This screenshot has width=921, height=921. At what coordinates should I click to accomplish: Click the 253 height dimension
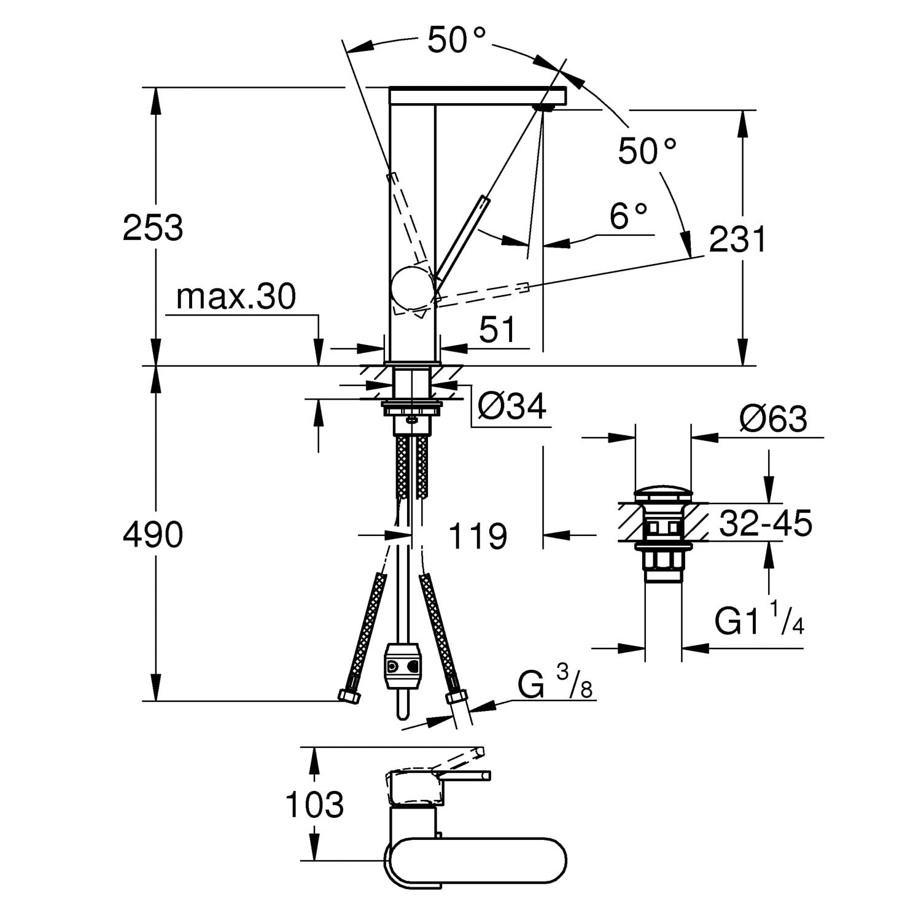[x=153, y=228]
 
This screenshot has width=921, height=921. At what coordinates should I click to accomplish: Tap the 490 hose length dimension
[x=153, y=534]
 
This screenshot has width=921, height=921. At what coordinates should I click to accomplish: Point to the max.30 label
[x=236, y=297]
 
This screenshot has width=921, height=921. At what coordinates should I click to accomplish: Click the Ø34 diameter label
[x=512, y=406]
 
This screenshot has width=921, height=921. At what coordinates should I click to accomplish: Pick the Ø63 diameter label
[x=773, y=419]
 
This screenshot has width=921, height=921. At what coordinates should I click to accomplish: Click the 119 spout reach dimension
[x=478, y=536]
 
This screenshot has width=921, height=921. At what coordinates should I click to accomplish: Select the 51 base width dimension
[x=497, y=331]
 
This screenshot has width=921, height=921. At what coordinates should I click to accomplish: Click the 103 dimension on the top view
[x=314, y=804]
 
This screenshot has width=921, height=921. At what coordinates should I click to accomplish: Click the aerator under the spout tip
[x=545, y=108]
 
